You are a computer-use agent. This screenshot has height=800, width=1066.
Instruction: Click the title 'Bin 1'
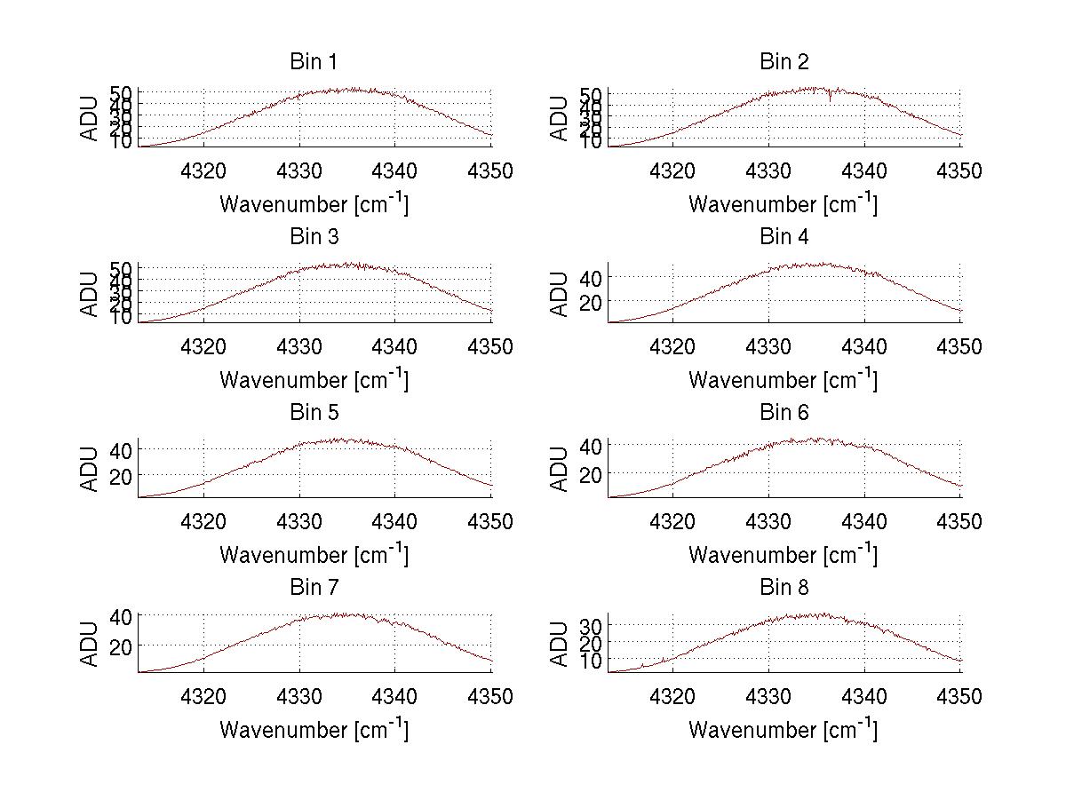coord(314,62)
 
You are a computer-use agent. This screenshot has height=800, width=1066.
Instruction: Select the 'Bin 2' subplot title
coord(784,62)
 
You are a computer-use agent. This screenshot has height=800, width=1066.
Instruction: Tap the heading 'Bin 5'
coord(314,413)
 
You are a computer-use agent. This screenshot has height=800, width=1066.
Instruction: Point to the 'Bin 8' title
coord(784,588)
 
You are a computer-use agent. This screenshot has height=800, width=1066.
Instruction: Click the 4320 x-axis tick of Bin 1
coord(204,171)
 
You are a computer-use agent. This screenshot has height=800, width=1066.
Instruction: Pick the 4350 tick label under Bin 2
coord(960,171)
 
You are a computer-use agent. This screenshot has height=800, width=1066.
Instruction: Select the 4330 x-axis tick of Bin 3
coord(299,346)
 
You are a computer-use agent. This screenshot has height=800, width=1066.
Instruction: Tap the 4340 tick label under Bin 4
coord(864,346)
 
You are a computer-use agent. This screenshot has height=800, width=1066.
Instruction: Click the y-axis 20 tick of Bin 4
coord(591,303)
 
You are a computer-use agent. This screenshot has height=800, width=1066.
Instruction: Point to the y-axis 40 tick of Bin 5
coord(122,450)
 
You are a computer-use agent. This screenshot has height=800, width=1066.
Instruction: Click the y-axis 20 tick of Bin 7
coord(122,646)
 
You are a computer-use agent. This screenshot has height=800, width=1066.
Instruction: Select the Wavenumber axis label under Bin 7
coord(314,729)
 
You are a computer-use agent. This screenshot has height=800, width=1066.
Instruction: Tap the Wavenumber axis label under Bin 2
coord(784,203)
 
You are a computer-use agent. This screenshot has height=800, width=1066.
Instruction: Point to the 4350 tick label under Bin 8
coord(960,697)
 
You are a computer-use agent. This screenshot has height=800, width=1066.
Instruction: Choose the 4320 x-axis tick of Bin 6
coord(672,522)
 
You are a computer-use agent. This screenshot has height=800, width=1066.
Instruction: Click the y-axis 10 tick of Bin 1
coord(122,141)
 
